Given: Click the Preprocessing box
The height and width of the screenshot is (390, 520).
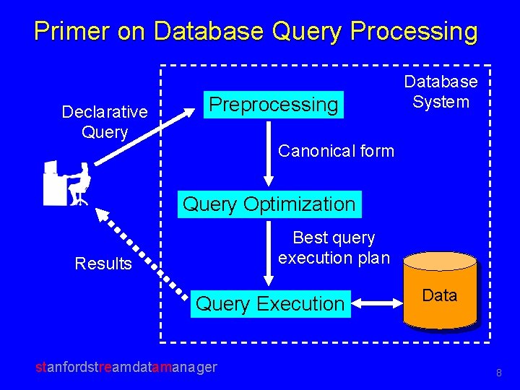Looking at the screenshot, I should click(x=273, y=105).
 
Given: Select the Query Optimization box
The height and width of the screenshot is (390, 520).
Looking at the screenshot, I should click(x=269, y=204).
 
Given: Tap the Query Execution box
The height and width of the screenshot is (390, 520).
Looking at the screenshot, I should click(x=270, y=304).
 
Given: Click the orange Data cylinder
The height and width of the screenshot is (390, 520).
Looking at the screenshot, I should click(x=440, y=291).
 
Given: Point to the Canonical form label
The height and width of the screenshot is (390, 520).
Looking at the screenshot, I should click(x=336, y=151).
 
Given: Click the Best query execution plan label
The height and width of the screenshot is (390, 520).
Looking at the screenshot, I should click(x=334, y=248).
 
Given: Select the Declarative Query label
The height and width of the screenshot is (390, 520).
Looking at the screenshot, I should click(x=105, y=122).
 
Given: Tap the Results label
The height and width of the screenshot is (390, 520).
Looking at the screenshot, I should click(x=103, y=264).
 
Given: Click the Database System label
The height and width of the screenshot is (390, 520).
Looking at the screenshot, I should click(x=441, y=92).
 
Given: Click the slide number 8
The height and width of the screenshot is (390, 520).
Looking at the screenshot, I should click(x=498, y=373).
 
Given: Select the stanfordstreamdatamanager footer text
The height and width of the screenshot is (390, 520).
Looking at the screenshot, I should click(x=126, y=367).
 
